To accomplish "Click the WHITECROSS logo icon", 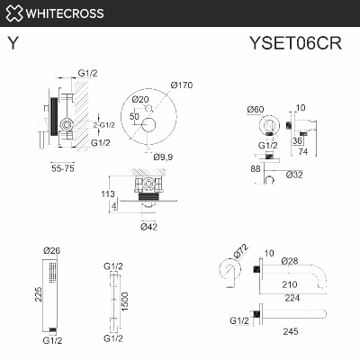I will (x=13, y=13).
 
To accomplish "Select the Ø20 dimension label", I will (x=140, y=99).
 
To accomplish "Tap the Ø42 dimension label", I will (x=149, y=227).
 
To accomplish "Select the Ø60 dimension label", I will (x=256, y=109).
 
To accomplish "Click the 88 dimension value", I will (x=256, y=167).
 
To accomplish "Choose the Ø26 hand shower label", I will (x=52, y=250).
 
